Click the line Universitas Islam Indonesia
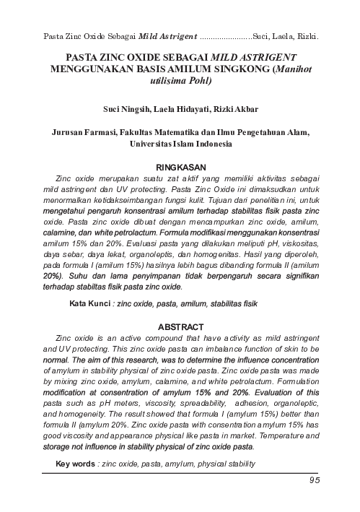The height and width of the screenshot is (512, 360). pos(180,144)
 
